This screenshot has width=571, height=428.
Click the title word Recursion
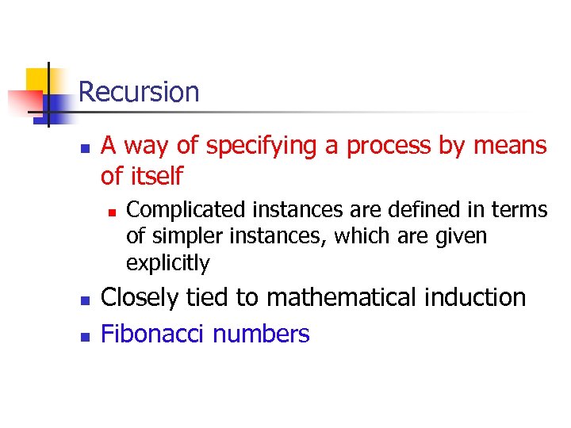tap(139, 92)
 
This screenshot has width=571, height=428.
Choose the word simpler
tap(188, 236)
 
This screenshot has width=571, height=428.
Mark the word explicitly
tap(167, 263)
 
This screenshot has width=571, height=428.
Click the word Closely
tap(140, 298)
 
